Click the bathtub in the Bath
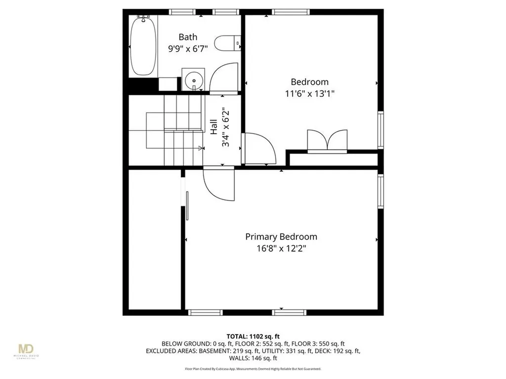coord(143,45)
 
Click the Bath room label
coord(188,37)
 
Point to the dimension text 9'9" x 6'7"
coord(188,48)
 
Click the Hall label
coord(214,128)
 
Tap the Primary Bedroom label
coord(281,237)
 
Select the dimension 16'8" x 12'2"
coord(281,249)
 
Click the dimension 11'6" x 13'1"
coord(309,94)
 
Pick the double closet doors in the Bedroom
coord(327,139)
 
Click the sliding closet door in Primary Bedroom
coord(187,206)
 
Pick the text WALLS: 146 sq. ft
coord(253,358)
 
